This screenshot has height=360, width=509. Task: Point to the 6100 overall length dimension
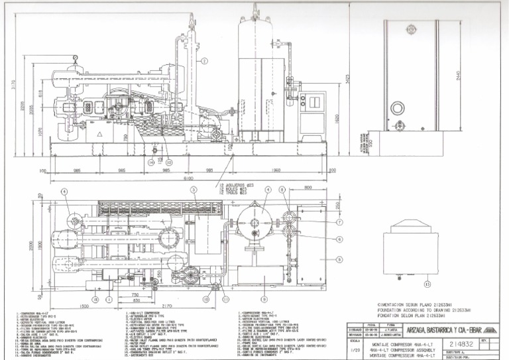click(x=189, y=178)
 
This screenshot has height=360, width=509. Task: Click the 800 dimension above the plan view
click(x=309, y=188)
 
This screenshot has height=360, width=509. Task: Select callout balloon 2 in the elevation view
click(x=205, y=61)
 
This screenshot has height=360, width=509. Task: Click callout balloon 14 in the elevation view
click(x=151, y=161)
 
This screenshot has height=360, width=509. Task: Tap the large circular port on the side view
click(x=398, y=109)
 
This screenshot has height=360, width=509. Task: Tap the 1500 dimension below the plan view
click(x=85, y=306)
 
